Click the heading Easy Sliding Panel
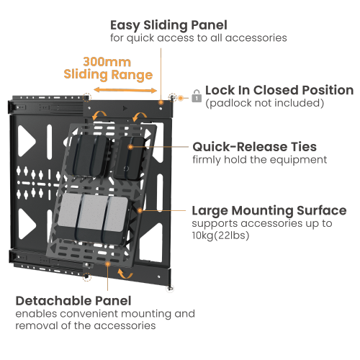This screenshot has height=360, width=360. click(168, 25)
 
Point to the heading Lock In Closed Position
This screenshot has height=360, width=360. click(279, 91)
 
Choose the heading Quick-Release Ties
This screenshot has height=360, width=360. click(254, 147)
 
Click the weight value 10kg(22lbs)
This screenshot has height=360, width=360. click(220, 235)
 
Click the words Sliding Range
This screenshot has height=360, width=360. click(108, 75)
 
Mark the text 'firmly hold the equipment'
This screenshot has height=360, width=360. click(259, 160)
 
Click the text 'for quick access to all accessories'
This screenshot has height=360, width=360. click(199, 37)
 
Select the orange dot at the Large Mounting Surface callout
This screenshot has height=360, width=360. click(141, 211)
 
